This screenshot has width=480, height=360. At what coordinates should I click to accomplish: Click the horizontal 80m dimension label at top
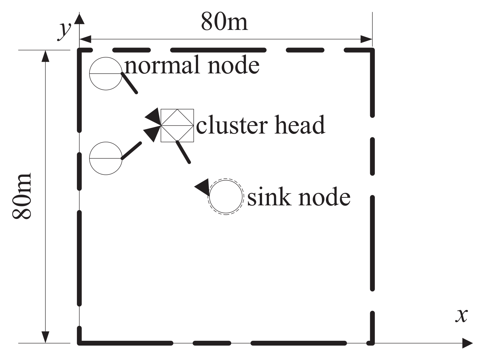point(224,22)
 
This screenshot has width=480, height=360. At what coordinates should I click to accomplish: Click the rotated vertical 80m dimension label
point(22,196)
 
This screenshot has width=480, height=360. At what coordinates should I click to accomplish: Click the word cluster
point(232,125)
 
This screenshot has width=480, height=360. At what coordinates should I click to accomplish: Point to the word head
point(300,124)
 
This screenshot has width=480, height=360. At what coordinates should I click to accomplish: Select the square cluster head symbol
point(177,125)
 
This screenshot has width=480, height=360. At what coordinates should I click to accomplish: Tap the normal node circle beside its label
point(106,73)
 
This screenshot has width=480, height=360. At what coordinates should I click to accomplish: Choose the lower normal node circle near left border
point(106,158)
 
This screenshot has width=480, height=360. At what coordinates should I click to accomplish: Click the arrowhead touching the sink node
point(203,187)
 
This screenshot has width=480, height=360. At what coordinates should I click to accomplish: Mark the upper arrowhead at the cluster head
point(153,117)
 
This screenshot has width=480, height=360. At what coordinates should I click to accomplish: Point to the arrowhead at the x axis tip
point(467,343)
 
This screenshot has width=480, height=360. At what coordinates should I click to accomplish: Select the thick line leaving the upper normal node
point(129,83)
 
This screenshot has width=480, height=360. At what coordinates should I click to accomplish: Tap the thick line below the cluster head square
point(183,152)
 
